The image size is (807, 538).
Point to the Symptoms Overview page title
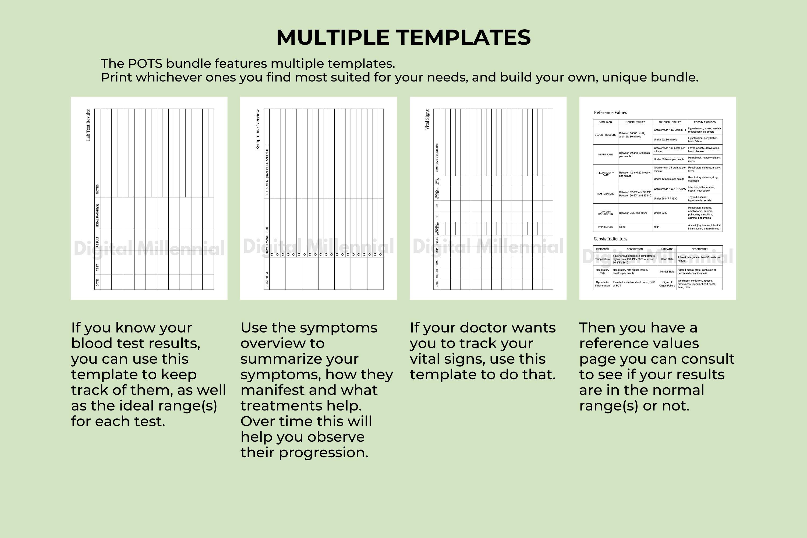tap(258, 129)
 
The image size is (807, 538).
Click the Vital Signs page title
tap(427, 119)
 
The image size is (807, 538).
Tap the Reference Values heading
tap(610, 112)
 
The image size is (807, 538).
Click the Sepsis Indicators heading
tap(610, 239)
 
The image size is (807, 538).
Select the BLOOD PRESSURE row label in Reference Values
tap(605, 135)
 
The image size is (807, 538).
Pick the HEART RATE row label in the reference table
tap(605, 154)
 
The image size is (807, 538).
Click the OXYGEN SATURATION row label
tap(605, 213)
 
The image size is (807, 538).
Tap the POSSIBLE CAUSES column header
tap(705, 122)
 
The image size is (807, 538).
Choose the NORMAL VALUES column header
tap(635, 122)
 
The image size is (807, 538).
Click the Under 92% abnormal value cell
tap(660, 213)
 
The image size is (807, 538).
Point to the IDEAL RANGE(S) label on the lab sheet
tap(97, 215)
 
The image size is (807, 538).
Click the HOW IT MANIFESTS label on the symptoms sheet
tap(267, 240)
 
